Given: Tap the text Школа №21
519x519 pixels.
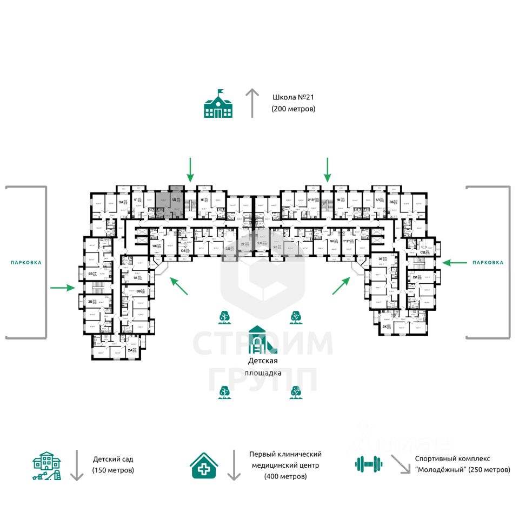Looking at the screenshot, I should [294, 98].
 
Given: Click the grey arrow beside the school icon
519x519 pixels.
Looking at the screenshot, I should [252, 103].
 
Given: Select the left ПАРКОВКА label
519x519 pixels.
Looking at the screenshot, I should [26, 263].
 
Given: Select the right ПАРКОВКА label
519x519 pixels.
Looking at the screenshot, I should [488, 263].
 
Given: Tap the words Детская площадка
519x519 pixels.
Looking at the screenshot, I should [263, 367].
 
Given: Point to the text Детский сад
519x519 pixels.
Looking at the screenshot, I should [112, 459].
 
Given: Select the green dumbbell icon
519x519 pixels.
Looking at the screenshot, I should [369, 463].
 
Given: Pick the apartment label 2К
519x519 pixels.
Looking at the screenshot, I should [385, 327].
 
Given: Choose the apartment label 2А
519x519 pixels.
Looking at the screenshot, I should [130, 350].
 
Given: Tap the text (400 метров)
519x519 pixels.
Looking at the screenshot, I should [285, 476].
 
